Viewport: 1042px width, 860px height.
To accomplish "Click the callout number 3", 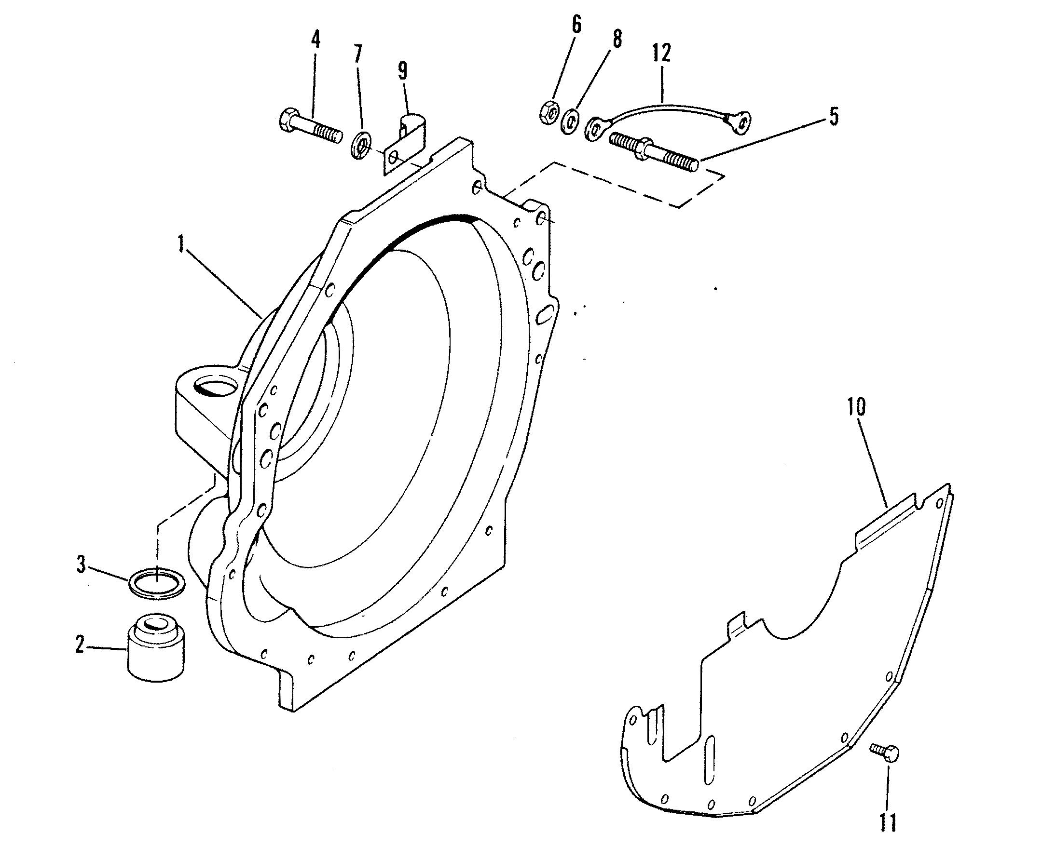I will pos(82,565).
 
